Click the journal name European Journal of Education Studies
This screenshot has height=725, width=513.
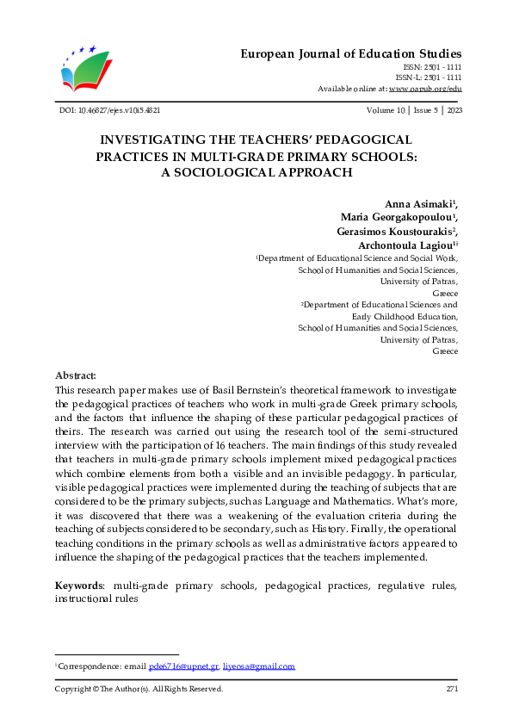(350, 53)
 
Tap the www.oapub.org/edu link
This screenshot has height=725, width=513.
(425, 88)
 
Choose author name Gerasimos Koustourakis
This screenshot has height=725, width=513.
(397, 232)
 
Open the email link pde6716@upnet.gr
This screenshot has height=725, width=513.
(182, 666)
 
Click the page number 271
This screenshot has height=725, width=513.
(451, 689)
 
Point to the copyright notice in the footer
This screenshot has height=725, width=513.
(139, 689)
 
